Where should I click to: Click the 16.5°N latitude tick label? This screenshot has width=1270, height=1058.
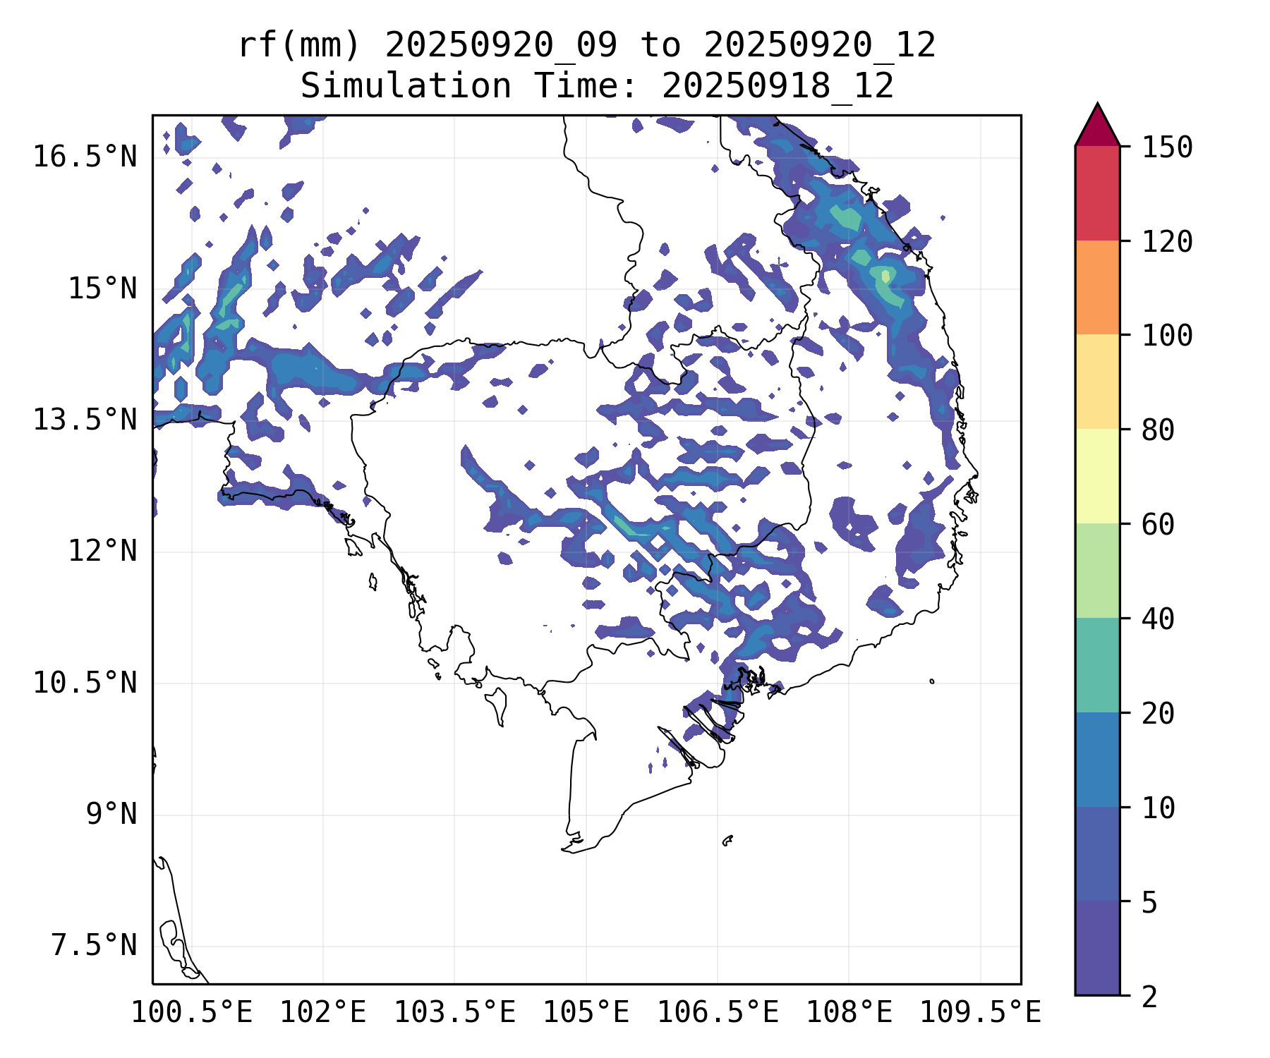pos(85,157)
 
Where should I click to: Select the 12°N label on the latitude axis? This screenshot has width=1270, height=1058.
pos(102,551)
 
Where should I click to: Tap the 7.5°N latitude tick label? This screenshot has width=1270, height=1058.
pos(94,945)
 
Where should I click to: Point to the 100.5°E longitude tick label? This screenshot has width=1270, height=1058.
pos(192,1013)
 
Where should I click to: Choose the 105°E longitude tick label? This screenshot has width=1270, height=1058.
pos(586,1013)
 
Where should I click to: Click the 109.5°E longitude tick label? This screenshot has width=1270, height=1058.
pos(980,1013)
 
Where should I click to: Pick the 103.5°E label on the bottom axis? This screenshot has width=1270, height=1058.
pos(454,1013)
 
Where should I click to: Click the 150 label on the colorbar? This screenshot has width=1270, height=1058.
pos(1167,147)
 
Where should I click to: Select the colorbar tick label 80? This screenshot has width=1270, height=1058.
pos(1158,430)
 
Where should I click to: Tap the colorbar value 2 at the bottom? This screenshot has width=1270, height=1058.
pos(1149,997)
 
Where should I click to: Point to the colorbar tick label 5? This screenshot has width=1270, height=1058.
pos(1149,902)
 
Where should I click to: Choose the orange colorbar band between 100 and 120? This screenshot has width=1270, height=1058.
pos(1097,287)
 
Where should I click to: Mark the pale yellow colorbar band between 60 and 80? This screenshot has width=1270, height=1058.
pos(1097,476)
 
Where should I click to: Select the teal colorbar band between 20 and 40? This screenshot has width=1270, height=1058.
pos(1097,665)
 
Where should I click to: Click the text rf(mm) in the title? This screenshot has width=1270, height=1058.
pos(299,46)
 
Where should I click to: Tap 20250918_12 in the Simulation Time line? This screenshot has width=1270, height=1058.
pos(778,87)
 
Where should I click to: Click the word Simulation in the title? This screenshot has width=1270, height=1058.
pos(406,87)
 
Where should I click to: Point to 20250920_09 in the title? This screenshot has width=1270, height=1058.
pos(501,46)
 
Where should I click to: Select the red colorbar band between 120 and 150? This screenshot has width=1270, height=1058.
pos(1097,193)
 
